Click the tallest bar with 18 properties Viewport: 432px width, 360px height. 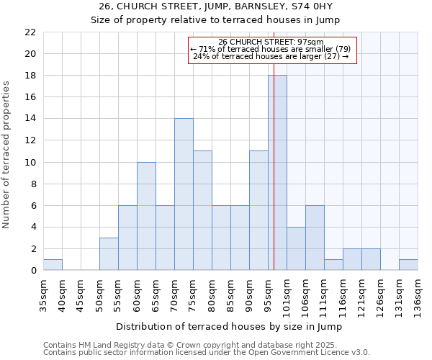pyautogui.click(x=277, y=173)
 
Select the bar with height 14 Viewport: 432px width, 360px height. pyautogui.click(x=184, y=194)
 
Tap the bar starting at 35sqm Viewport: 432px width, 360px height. pyautogui.click(x=53, y=265)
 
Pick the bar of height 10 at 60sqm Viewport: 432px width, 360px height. pyautogui.click(x=146, y=216)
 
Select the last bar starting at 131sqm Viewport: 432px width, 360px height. pyautogui.click(x=408, y=265)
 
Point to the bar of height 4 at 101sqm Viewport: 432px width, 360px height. pyautogui.click(x=296, y=248)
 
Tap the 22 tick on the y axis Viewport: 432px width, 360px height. pyautogui.click(x=30, y=32)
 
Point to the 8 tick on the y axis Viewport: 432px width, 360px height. pyautogui.click(x=33, y=184)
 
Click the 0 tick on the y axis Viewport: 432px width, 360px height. pyautogui.click(x=33, y=271)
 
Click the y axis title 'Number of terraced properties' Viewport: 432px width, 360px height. pyautogui.click(x=7, y=155)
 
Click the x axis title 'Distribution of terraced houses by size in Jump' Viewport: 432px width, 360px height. pyautogui.click(x=229, y=326)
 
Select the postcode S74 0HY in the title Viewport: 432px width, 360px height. pyautogui.click(x=318, y=6)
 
